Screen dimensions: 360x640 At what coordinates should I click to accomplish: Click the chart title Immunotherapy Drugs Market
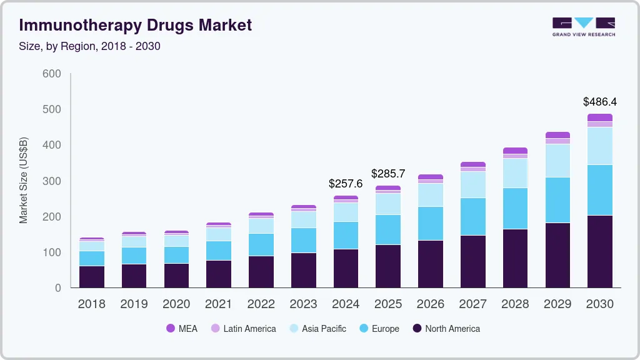(136, 25)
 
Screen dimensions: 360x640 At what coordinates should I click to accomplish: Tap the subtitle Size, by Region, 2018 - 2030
(90, 46)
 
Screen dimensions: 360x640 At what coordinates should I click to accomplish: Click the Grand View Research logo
(583, 26)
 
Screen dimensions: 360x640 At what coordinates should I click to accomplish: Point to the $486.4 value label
(600, 101)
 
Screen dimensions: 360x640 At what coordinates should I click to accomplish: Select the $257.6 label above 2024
(346, 184)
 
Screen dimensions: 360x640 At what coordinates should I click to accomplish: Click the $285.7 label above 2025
(388, 173)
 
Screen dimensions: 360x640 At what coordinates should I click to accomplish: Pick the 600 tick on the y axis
(51, 74)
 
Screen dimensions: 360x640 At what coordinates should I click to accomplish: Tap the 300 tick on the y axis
(51, 181)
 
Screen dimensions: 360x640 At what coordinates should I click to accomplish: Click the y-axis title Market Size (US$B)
(24, 180)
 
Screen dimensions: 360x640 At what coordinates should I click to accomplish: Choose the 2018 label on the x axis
(91, 304)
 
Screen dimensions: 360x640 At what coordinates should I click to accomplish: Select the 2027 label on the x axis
(472, 304)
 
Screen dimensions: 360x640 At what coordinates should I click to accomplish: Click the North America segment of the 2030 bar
(600, 251)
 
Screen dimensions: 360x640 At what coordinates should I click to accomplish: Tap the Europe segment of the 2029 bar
(557, 200)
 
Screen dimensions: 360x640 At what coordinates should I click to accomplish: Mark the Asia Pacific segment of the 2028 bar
(515, 173)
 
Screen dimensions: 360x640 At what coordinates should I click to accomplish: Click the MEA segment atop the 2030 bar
(600, 117)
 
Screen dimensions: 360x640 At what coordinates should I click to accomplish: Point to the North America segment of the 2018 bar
(91, 277)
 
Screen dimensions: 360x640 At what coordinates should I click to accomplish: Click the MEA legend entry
(182, 329)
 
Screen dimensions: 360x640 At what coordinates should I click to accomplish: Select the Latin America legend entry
(243, 329)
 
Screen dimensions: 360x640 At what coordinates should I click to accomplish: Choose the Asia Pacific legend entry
(317, 329)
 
